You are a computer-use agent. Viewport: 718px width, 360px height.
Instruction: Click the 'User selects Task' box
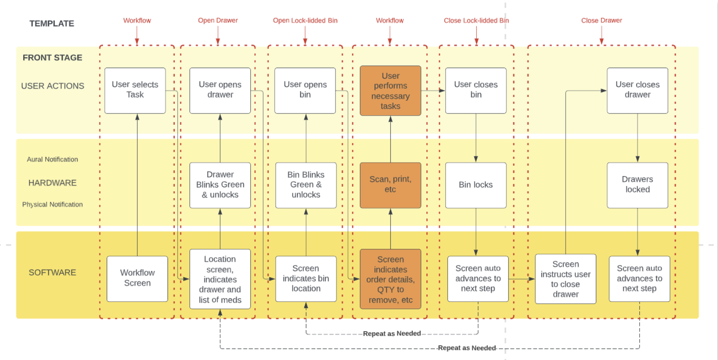coord(135,90)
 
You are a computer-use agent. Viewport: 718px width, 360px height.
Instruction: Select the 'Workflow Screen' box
coord(137,278)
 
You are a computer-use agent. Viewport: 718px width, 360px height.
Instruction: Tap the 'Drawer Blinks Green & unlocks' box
coord(220,185)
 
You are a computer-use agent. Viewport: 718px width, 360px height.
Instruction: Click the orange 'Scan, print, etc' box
coord(390,185)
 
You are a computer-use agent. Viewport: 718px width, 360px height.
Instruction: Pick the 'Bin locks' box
coord(476,185)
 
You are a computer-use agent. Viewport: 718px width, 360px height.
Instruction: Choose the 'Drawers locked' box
coord(637,185)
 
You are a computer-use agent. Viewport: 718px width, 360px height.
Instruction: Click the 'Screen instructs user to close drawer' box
coord(566,279)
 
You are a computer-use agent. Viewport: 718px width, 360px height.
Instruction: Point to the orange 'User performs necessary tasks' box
coord(390,91)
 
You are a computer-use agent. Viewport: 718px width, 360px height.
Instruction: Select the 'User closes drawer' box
coord(637,90)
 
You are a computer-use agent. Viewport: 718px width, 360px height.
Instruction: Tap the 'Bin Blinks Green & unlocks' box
coord(306,185)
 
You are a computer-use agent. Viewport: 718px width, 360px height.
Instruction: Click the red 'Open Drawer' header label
coord(218,21)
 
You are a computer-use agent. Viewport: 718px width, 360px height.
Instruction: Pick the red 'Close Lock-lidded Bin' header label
coord(476,21)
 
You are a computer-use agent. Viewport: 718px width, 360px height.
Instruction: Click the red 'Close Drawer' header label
coord(601,21)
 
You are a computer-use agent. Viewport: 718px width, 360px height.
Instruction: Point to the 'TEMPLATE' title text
coord(52,24)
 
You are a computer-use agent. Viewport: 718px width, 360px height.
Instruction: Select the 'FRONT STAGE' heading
coord(53,58)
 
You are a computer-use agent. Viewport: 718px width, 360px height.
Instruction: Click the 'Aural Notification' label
coord(52,160)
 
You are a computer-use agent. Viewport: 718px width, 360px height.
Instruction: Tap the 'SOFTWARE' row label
coord(52,273)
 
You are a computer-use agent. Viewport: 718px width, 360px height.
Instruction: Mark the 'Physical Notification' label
coord(53,204)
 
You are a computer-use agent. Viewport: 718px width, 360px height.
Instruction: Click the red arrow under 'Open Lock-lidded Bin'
coord(305,35)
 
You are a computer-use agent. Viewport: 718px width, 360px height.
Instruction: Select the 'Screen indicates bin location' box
coord(306,279)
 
